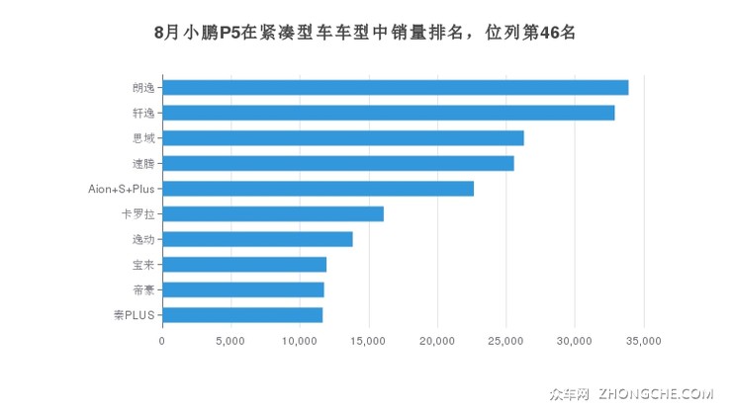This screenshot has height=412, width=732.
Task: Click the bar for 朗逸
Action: pos(395,87)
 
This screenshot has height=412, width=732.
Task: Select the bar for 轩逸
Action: pos(388,113)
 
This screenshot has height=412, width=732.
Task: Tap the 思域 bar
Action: pos(342,137)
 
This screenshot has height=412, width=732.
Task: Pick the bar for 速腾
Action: pos(337,163)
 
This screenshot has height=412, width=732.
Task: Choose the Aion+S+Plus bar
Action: pos(318,189)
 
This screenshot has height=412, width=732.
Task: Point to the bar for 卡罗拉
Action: pos(272,213)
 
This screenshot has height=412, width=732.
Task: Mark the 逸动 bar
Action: pos(257,239)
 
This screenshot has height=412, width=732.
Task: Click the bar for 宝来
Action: pos(244,264)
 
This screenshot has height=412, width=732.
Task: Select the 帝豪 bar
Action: pos(242,289)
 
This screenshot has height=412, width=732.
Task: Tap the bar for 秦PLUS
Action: pos(242,314)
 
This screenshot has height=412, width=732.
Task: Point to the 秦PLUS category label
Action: pos(135,315)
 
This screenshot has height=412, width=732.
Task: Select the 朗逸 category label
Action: pos(143,87)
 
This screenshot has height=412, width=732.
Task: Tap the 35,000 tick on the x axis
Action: pos(643,341)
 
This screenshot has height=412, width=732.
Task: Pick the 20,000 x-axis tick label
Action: pos(436,341)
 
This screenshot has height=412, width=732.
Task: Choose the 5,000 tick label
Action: pos(229,341)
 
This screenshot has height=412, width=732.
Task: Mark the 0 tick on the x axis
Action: pos(162,341)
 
